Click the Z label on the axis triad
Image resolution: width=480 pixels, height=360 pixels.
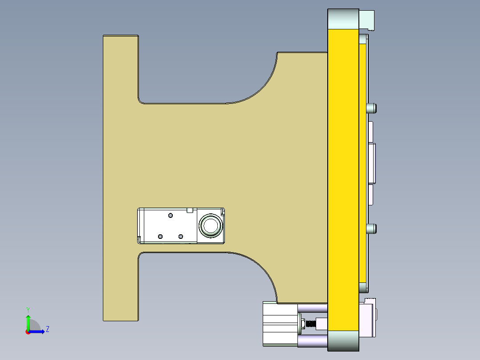pyautogui.click(x=48, y=329)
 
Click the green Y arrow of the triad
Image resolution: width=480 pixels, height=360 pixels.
pyautogui.click(x=28, y=321)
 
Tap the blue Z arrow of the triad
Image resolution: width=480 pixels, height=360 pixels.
pyautogui.click(x=38, y=331)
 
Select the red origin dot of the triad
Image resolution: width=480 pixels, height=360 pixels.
pyautogui.click(x=28, y=332)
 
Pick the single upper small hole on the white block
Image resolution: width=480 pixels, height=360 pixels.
pyautogui.click(x=170, y=215)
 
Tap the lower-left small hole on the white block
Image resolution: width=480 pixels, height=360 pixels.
pyautogui.click(x=161, y=236)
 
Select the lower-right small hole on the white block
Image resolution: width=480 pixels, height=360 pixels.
pyautogui.click(x=180, y=236)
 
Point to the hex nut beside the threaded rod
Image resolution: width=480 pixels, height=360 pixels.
pyautogui.click(x=309, y=323)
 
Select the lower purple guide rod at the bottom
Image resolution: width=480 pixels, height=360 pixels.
pyautogui.click(x=313, y=341)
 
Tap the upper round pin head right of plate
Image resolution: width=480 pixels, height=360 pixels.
pyautogui.click(x=372, y=108)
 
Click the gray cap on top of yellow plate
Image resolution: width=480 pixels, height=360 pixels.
pyautogui.click(x=343, y=18)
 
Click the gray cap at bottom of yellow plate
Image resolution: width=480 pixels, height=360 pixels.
pyautogui.click(x=343, y=341)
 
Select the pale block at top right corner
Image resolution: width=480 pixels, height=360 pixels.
pyautogui.click(x=367, y=20)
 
